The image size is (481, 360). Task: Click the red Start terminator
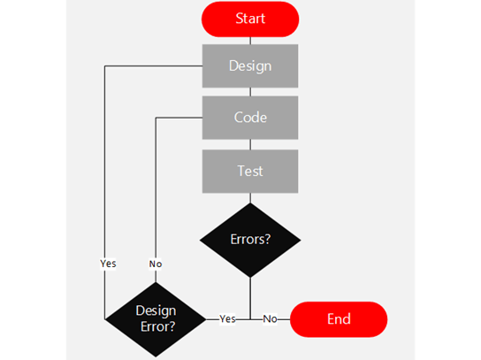point(250,19)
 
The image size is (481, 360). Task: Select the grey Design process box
point(250,65)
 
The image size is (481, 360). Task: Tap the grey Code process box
point(250,118)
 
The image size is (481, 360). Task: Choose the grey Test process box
point(250,171)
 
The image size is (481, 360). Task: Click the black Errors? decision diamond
point(250,239)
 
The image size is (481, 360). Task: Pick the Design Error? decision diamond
point(156,318)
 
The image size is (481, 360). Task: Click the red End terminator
point(339,319)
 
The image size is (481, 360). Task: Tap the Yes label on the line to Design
point(108,263)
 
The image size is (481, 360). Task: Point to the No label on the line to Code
point(156,263)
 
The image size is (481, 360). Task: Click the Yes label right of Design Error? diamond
point(227,319)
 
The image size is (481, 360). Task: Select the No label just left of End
point(270,319)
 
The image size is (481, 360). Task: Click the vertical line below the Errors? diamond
point(250,296)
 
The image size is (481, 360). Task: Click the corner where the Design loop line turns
point(105,66)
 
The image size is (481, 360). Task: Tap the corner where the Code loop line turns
point(156,118)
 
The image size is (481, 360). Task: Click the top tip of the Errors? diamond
point(250,203)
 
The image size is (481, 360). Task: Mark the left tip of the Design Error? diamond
point(106,318)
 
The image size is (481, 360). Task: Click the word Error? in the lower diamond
point(156,326)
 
